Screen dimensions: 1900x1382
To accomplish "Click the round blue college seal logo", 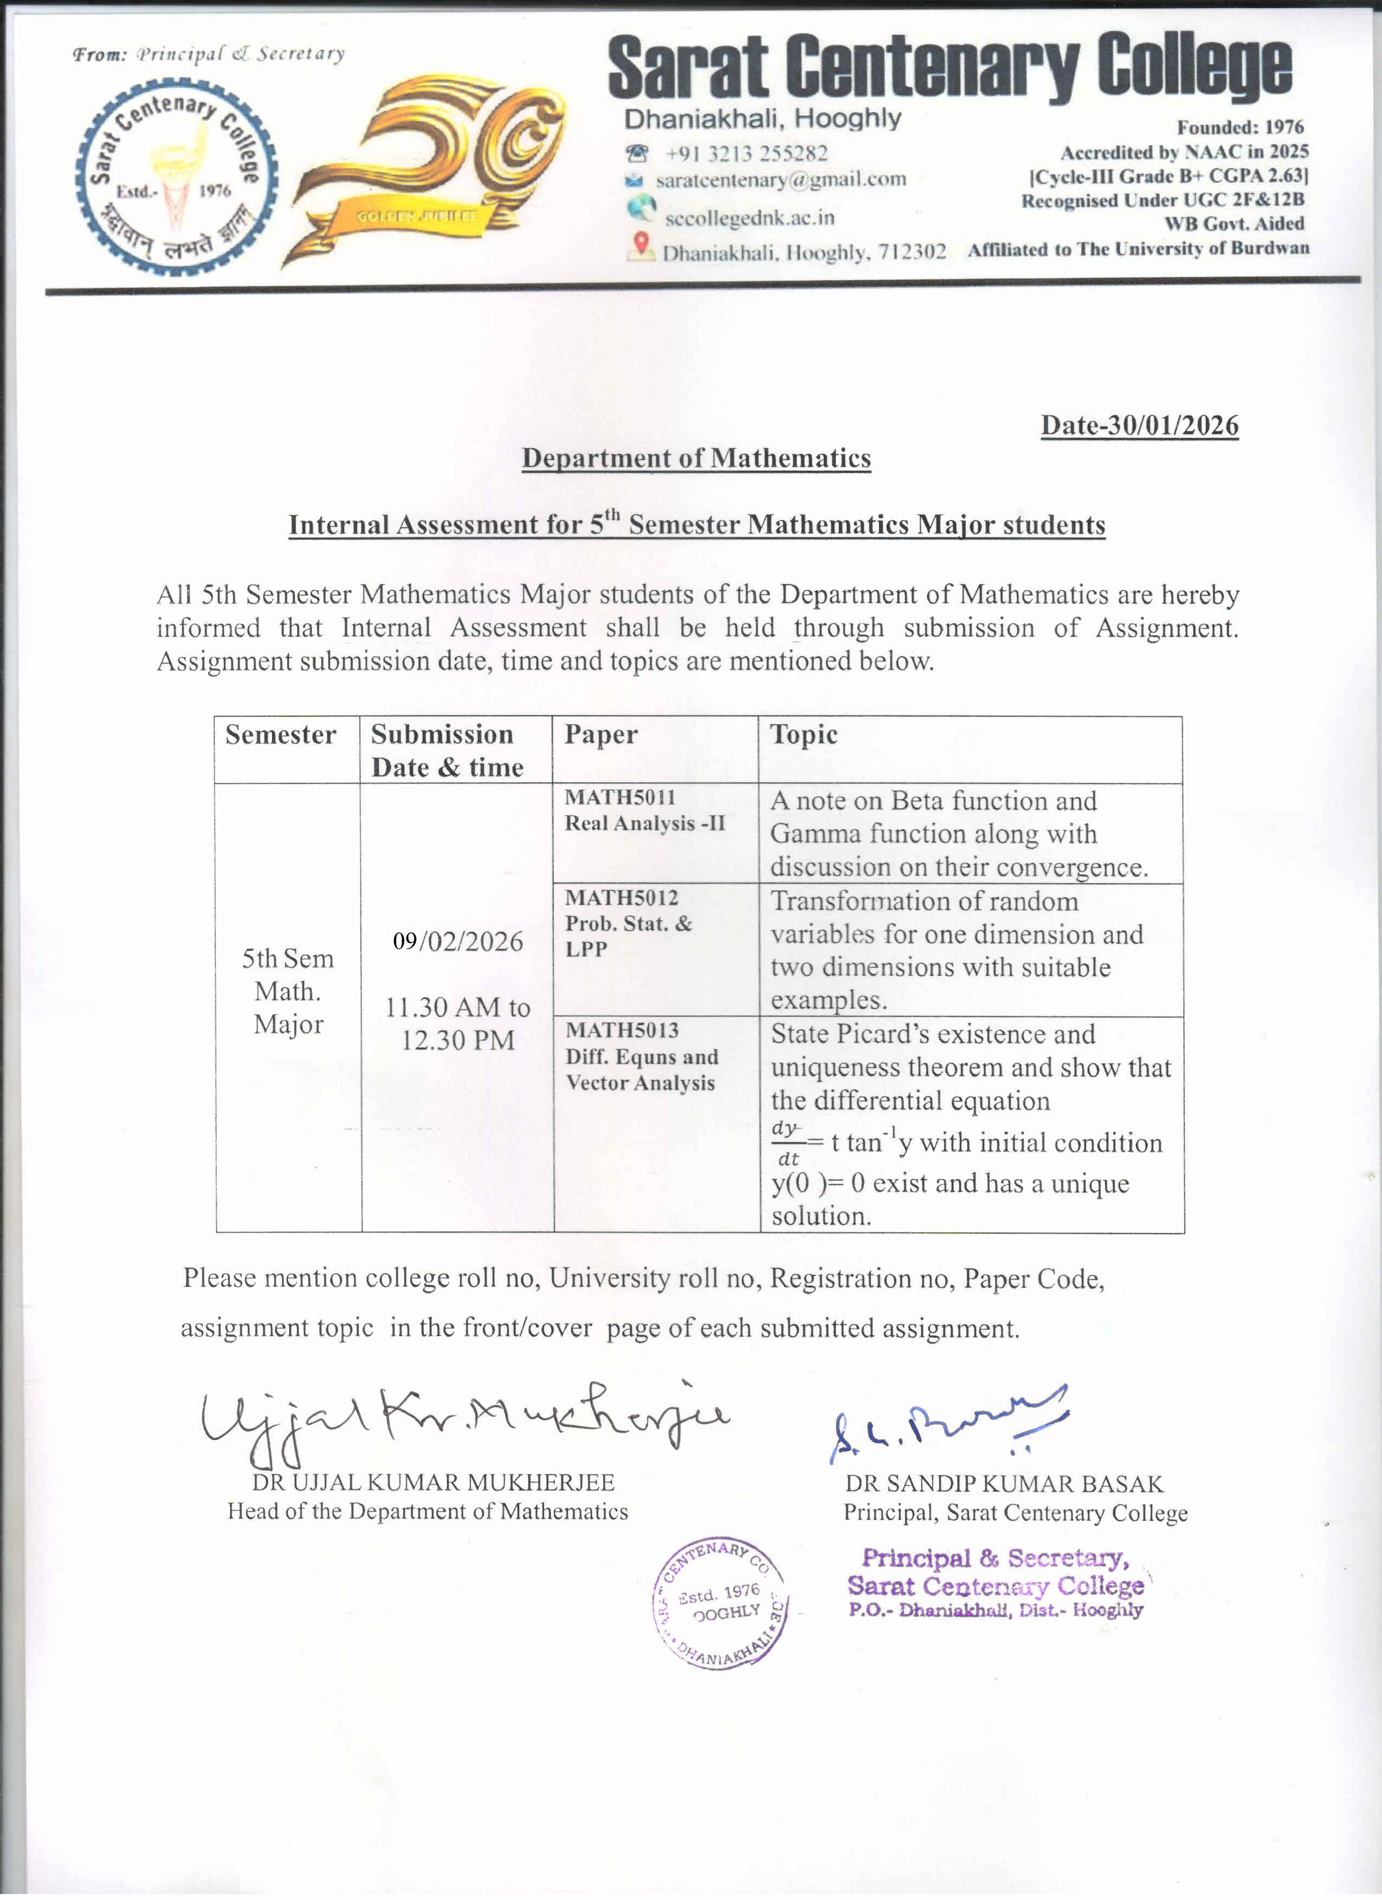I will (x=175, y=177).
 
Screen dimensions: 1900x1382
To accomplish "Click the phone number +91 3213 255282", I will (x=746, y=153).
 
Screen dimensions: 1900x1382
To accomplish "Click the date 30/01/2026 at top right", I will (x=1139, y=426).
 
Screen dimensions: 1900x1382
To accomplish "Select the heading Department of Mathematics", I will (x=696, y=458).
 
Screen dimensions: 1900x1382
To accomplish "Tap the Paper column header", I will (x=600, y=735).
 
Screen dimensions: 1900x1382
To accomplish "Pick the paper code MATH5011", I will (x=619, y=797).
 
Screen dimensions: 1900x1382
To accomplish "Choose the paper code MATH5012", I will (x=621, y=898).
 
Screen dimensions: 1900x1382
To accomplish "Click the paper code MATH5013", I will (x=622, y=1030).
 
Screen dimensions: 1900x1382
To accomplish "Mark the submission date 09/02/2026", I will (x=457, y=942).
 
